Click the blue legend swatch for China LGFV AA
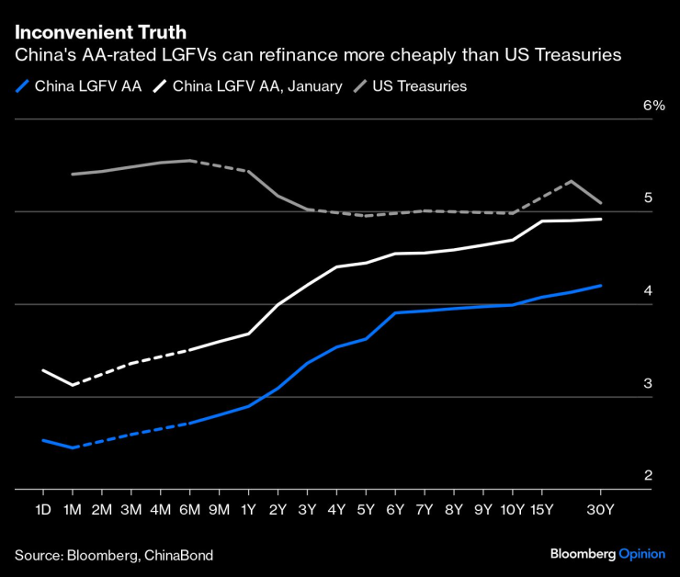point(22,86)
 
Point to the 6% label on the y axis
point(653,106)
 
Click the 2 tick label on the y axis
point(648,476)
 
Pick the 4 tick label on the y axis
point(648,291)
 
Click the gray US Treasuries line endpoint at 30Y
point(601,202)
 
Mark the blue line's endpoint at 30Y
point(601,286)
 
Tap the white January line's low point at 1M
point(72,385)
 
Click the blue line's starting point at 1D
point(42,440)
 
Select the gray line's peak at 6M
point(189,161)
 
